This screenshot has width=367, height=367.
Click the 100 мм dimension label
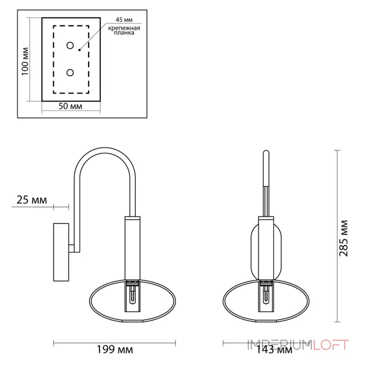click(x=25, y=61)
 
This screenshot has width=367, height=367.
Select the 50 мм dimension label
click(x=70, y=106)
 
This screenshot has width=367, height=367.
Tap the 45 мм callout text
click(x=124, y=20)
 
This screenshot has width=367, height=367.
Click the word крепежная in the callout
click(x=124, y=28)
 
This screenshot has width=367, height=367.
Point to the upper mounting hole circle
click(x=70, y=45)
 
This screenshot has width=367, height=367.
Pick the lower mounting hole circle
click(x=70, y=72)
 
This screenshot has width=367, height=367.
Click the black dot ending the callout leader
click(x=79, y=50)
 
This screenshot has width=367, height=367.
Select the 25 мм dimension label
click(x=32, y=200)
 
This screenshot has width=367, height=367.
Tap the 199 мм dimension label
click(x=115, y=350)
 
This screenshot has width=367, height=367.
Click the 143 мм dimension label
click(x=274, y=350)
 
